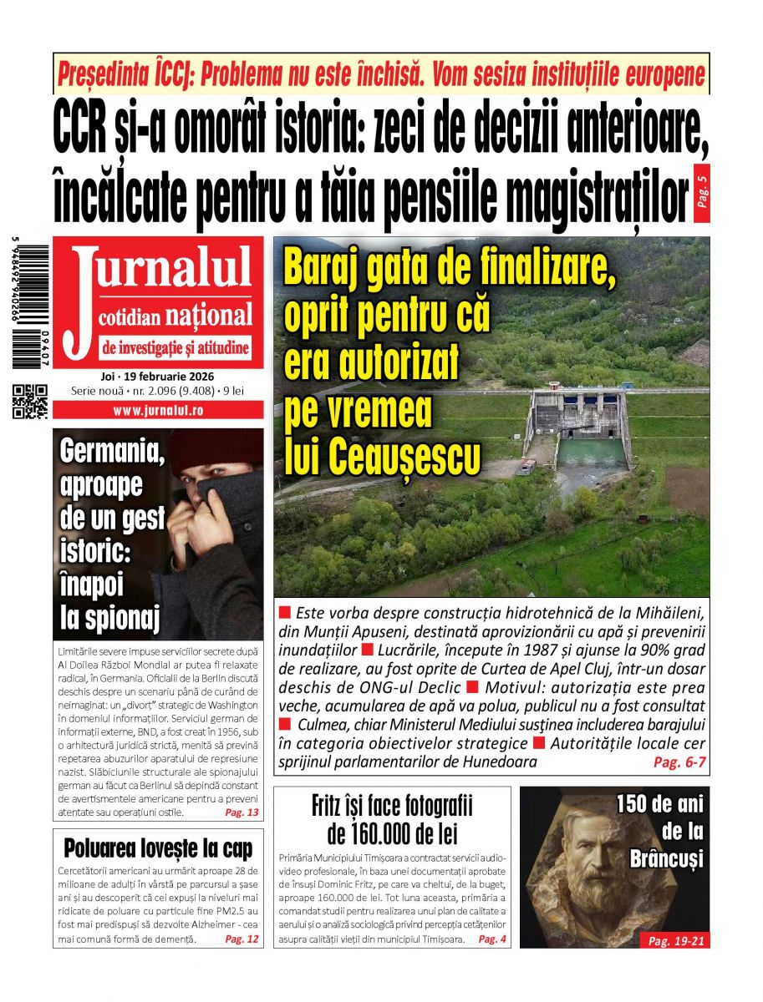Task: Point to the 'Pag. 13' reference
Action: tap(242, 812)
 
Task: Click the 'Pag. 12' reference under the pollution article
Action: tap(242, 939)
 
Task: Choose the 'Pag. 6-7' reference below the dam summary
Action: tap(679, 762)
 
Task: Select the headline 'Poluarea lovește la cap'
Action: tap(158, 850)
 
